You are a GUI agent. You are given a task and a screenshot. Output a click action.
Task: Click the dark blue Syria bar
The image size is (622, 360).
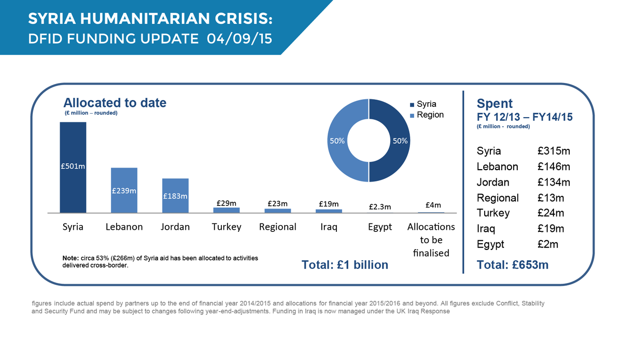point(73,167)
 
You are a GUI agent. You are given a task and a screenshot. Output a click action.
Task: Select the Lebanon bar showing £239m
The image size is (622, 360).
point(124,190)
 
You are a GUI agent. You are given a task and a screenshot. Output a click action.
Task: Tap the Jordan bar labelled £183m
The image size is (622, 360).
point(175,196)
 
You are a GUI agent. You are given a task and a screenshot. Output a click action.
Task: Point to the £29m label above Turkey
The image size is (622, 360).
point(226,203)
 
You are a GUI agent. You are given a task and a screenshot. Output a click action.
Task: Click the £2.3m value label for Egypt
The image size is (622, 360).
point(379,206)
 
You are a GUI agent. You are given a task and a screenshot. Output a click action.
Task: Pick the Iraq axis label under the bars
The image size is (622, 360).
point(329,227)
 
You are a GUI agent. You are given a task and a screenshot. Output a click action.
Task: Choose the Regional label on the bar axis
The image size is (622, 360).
point(277,227)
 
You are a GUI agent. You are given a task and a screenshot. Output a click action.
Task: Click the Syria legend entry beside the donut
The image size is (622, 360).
point(427,104)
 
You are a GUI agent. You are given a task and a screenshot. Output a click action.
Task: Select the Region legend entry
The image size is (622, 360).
point(430,115)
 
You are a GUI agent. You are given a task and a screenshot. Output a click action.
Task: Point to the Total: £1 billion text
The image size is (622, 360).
point(345,265)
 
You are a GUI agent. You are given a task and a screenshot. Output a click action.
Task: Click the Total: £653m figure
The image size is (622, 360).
point(512,265)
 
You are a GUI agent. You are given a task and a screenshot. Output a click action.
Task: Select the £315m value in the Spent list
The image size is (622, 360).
point(554,151)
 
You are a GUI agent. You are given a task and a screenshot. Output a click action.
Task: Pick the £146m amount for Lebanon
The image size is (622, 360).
point(554,167)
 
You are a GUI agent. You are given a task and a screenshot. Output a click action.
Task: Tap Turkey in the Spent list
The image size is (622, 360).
point(493,213)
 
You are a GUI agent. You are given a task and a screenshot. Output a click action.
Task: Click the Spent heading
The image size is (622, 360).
point(494,103)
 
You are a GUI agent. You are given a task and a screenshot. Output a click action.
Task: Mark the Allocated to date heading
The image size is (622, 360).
point(115,103)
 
